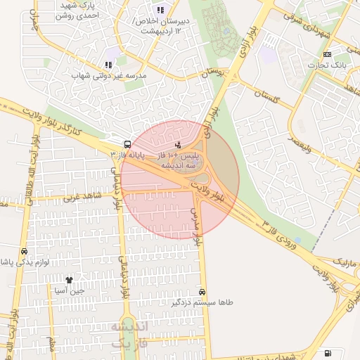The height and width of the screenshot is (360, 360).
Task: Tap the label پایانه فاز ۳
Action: click(127, 153)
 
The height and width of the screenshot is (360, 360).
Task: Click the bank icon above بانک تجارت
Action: click(327, 54)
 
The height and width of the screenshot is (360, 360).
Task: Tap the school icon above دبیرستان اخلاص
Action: click(160, 10)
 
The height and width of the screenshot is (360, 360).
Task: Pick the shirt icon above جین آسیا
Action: click(69, 280)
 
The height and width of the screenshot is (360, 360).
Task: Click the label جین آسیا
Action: click(70, 290)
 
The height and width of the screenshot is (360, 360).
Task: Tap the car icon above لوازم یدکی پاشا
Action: click(25, 251)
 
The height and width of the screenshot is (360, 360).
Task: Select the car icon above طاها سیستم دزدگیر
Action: click(202, 291)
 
